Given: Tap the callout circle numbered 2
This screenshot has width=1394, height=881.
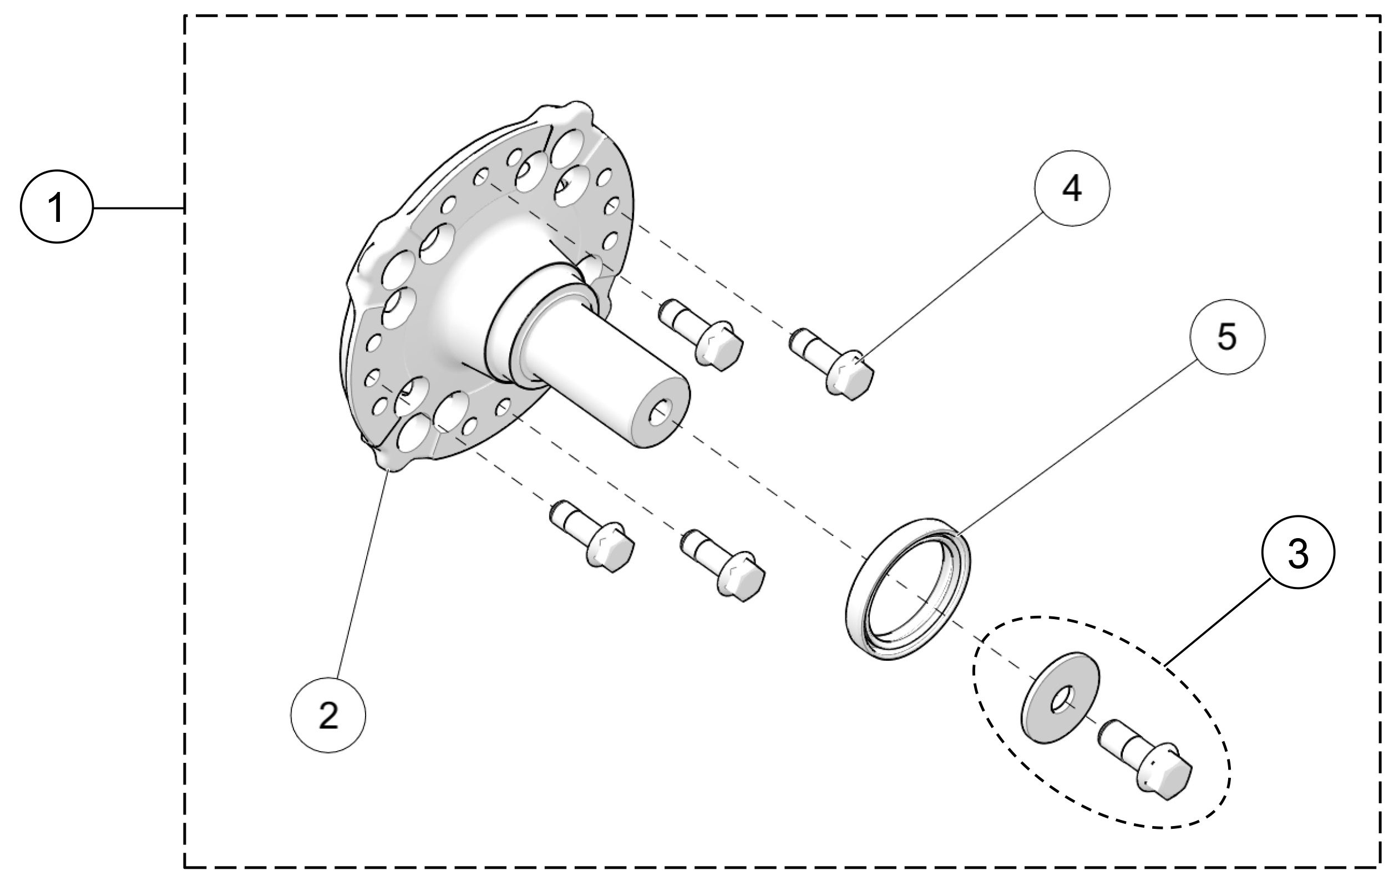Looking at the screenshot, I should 328,716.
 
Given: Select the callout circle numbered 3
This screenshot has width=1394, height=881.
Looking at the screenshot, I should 1297,554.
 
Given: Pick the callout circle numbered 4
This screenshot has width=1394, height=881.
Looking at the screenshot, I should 1072,189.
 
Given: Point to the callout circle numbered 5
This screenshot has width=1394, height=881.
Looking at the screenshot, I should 1227,337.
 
